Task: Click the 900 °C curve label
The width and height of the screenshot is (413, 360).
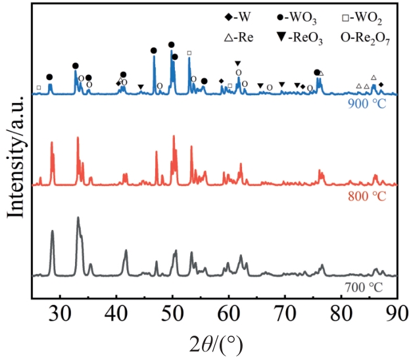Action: coord(372,104)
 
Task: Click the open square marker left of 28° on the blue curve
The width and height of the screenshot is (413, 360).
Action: coord(39,87)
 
